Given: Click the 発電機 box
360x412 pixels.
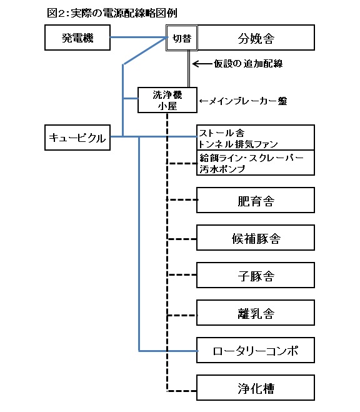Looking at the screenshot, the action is [x=77, y=38].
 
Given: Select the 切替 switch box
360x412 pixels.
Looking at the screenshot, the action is [x=182, y=38].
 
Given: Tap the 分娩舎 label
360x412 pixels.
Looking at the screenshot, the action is [x=256, y=39].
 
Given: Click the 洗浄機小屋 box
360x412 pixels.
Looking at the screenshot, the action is [x=167, y=100].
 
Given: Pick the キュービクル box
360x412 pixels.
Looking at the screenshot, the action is [x=77, y=138].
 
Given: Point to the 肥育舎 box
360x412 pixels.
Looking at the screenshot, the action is [x=256, y=200].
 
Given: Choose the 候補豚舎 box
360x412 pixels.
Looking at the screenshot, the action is [x=256, y=238].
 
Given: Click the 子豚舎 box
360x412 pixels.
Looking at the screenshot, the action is [x=256, y=275].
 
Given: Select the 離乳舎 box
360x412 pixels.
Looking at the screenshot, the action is [x=256, y=313].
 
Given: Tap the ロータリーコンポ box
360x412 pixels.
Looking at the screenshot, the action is [x=256, y=350].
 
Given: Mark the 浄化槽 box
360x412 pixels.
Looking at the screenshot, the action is [x=256, y=388].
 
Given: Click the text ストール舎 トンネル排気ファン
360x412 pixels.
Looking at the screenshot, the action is [x=238, y=138].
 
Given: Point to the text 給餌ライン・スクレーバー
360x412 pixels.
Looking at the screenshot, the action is [x=251, y=158].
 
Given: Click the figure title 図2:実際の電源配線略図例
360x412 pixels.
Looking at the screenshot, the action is [x=112, y=13].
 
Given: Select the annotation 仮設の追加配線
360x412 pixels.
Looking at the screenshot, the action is [x=248, y=64].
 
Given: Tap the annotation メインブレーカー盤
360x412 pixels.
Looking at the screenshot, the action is [x=243, y=101].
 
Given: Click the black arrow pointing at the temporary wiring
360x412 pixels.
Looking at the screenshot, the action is [x=202, y=64].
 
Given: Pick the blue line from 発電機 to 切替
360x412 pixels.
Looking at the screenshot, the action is [x=138, y=38].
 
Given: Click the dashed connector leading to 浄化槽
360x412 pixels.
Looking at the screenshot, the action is [x=181, y=391].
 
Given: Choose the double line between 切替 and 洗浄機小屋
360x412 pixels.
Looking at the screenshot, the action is [x=189, y=69].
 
